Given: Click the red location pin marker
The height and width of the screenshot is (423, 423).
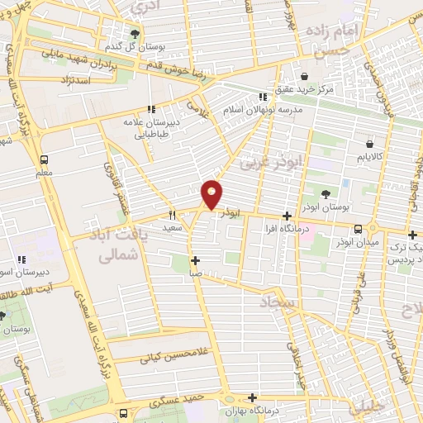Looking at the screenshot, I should [x=212, y=194].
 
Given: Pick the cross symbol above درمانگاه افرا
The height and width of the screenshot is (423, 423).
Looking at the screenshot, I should [x=287, y=215].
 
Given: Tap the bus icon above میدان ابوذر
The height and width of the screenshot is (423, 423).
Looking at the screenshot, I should [x=358, y=230].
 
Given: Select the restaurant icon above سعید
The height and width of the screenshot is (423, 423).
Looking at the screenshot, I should [x=172, y=214].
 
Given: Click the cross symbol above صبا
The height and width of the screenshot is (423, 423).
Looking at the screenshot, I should [x=196, y=261].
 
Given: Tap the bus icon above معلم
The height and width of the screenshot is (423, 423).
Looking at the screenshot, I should [x=44, y=160].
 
